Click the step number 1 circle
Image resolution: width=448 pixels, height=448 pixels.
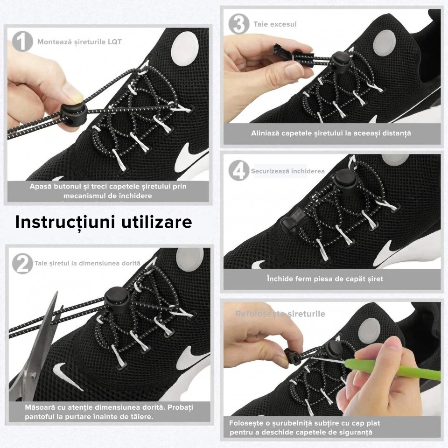point(22,42)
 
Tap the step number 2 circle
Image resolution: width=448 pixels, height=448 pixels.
point(22,264)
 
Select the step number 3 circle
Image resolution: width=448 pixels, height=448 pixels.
point(239,24)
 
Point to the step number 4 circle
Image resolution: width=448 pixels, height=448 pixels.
point(238,171)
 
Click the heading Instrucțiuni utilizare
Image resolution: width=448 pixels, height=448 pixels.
point(103,222)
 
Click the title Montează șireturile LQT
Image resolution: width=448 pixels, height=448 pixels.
point(79,42)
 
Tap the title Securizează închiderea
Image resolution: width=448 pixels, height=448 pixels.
point(287,171)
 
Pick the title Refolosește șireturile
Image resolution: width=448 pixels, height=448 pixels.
point(280,314)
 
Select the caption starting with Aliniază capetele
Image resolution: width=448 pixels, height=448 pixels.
point(331,133)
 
